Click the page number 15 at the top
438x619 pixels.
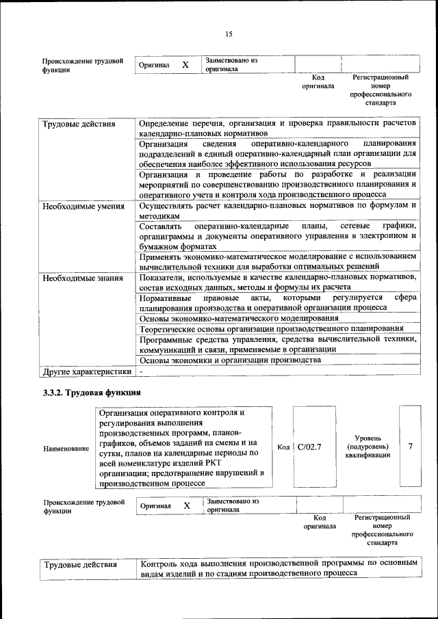coord(229,34)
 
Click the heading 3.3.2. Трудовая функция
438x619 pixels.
coord(92,393)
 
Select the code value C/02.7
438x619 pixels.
coord(310,447)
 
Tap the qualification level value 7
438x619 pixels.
coord(410,446)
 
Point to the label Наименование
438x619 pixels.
coord(66,448)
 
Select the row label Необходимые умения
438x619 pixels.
coord(83,206)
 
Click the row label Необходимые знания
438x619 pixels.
coord(83,278)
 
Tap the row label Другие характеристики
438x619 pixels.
coord(86,371)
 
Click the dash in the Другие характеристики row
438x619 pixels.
coord(141,371)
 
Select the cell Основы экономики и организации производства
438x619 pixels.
coord(230,360)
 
